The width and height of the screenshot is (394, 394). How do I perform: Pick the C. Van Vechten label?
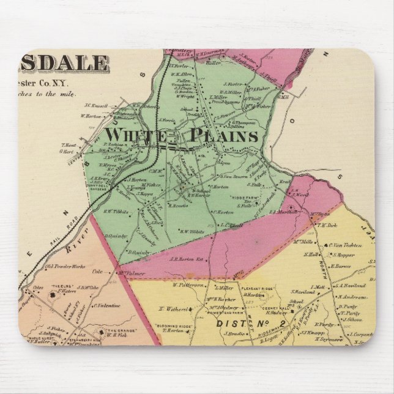point(349,245)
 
